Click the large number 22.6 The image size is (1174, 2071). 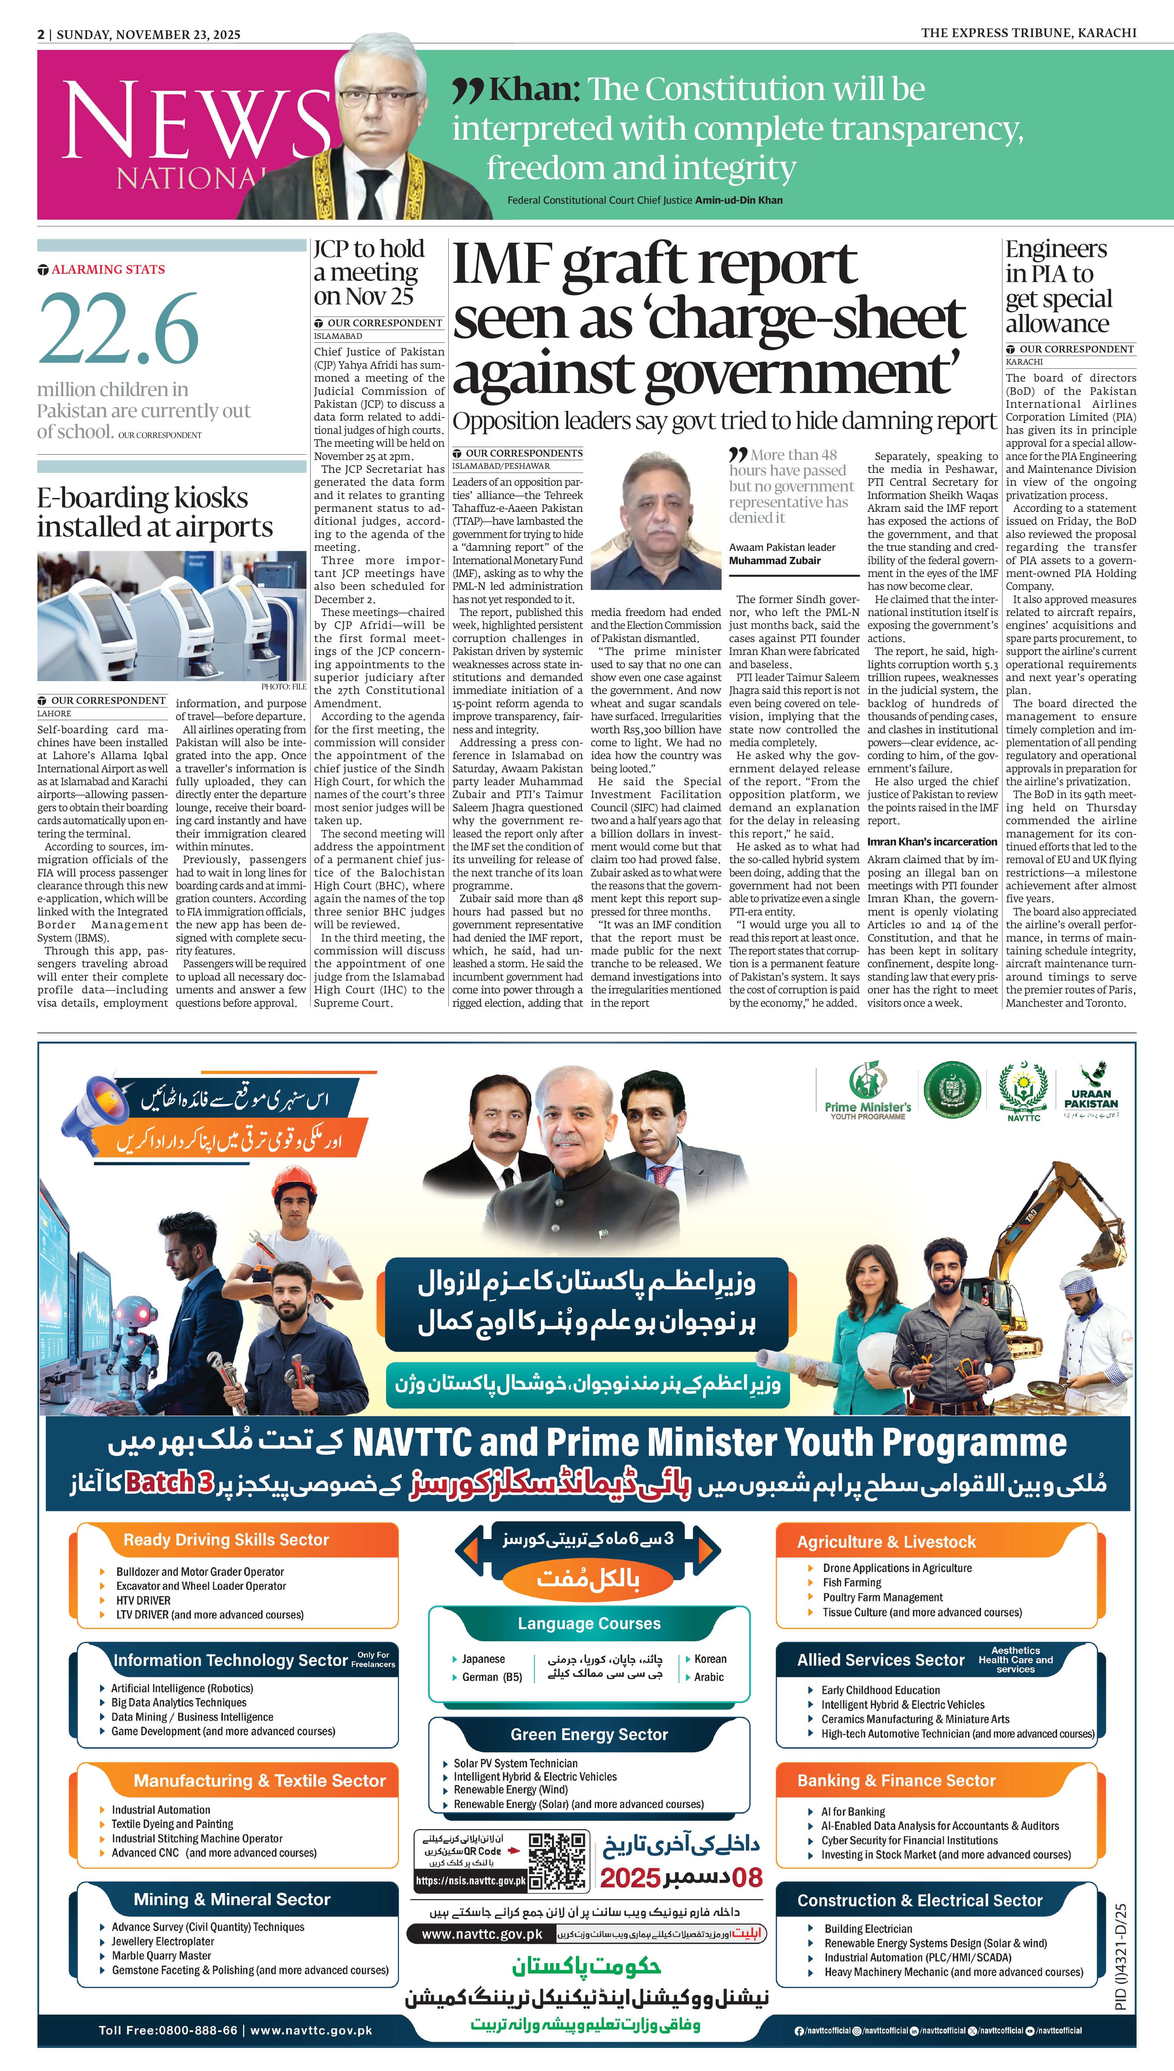(x=118, y=329)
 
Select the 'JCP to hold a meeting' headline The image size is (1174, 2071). (x=368, y=273)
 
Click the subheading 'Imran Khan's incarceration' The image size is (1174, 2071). (x=932, y=842)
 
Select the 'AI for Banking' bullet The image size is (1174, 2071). (x=853, y=1811)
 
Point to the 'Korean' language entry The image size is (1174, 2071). (x=709, y=1659)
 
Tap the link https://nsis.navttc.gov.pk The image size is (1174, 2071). (x=470, y=1881)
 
